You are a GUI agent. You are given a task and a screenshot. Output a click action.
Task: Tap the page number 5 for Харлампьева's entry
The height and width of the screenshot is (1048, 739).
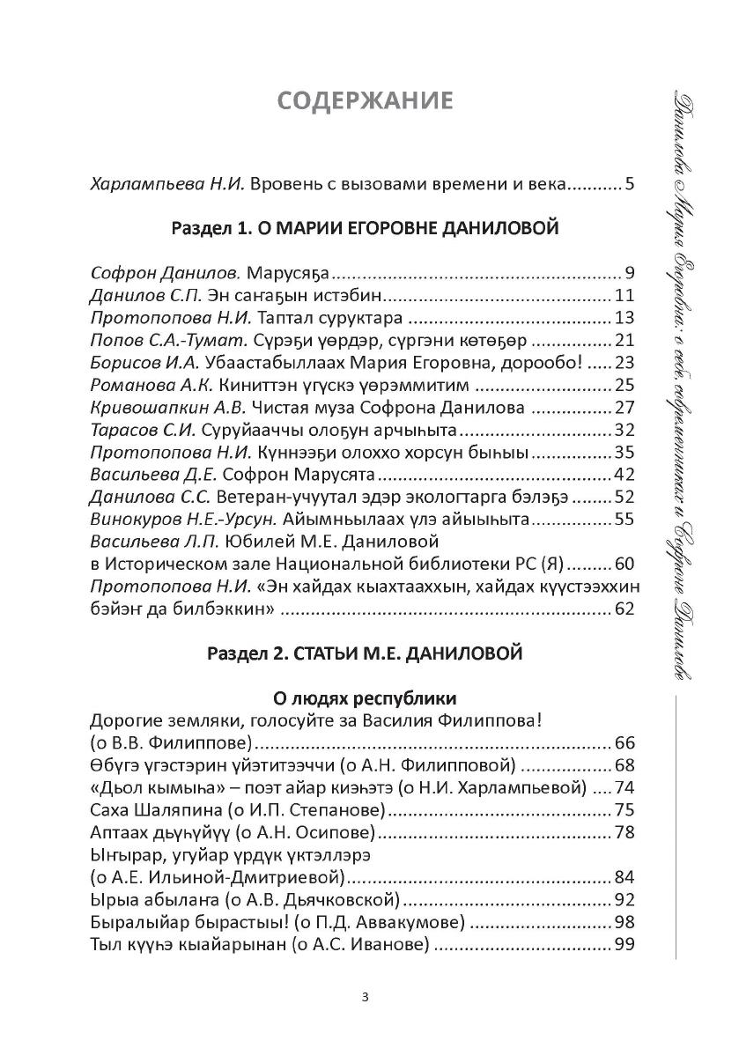pyautogui.click(x=629, y=185)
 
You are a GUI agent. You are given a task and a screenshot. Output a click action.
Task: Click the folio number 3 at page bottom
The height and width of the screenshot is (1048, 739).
pyautogui.click(x=366, y=997)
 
